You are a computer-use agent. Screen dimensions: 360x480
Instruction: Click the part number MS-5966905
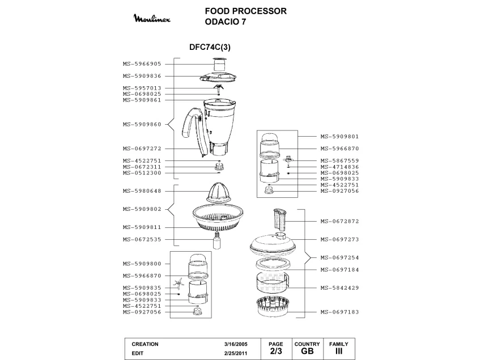(x=142, y=64)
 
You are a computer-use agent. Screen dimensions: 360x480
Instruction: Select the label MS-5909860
(x=142, y=124)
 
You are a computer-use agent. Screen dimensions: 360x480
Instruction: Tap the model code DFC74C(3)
(x=209, y=48)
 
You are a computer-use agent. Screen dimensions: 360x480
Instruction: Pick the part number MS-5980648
(x=142, y=191)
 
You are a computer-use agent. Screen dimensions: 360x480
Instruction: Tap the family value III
(x=338, y=351)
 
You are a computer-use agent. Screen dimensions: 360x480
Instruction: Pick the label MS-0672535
(x=142, y=239)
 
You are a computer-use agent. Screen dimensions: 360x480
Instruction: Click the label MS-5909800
(x=142, y=264)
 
